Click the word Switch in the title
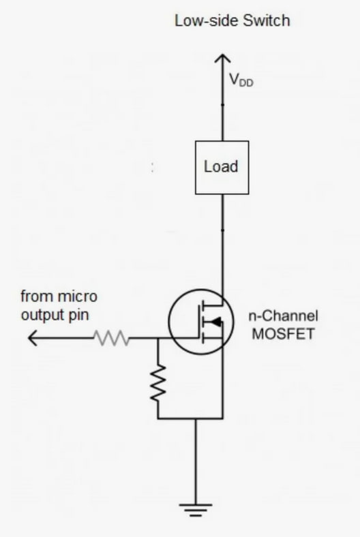click(267, 20)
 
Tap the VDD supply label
click(241, 80)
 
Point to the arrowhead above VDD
click(223, 58)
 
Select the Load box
click(222, 168)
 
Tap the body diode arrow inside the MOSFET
click(215, 322)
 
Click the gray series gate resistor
click(112, 338)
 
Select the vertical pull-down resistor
click(158, 383)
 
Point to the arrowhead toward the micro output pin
click(32, 338)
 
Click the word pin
click(79, 316)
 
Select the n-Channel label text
click(283, 316)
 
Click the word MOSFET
click(283, 334)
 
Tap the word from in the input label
click(33, 296)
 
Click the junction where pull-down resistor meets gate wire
click(158, 338)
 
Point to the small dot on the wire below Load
click(223, 230)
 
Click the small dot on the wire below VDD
click(223, 104)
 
